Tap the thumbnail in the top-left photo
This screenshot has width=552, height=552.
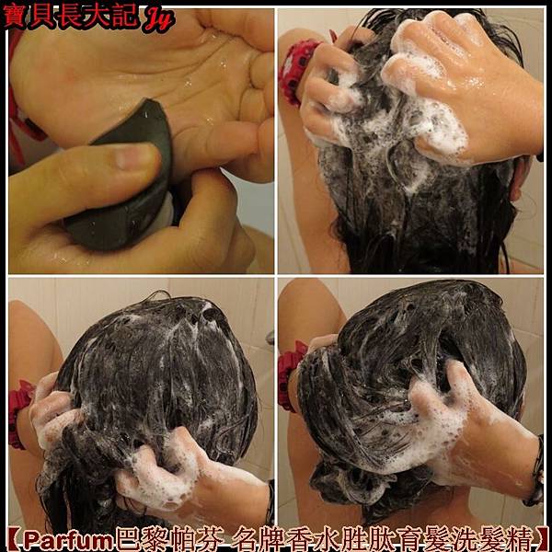(x=133, y=156)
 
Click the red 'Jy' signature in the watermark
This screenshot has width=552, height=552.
(x=159, y=19)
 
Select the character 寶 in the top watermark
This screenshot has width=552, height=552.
(x=15, y=16)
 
